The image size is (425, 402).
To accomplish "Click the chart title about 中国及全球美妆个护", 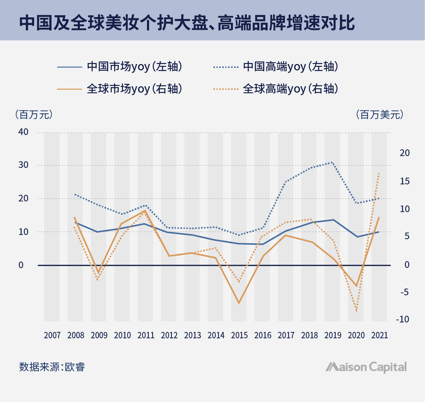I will pos(187,23).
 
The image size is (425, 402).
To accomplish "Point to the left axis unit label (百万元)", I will pos(34,115).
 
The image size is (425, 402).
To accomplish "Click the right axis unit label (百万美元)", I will pos(380,115).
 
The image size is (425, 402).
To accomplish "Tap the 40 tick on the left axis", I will pos(23,132).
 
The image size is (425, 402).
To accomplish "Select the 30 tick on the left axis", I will pos(23,165).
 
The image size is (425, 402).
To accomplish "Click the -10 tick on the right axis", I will pos(402,319).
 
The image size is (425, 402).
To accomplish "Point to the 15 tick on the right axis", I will pos(405,181).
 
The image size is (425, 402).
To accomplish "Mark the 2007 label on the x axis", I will pos(52,335).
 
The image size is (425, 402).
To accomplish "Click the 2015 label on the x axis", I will pos(239,335).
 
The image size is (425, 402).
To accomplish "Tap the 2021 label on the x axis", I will pos(380,335).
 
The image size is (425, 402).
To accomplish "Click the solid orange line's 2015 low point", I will pos(239,303).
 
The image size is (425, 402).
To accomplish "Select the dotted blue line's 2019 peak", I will pos(333,162).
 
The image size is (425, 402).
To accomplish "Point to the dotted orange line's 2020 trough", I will pos(356,311).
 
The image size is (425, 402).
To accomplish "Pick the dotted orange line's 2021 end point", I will pos(379,173).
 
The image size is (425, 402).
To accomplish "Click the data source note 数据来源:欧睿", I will pos(52,367).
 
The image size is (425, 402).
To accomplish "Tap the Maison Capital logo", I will pos(366,367).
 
